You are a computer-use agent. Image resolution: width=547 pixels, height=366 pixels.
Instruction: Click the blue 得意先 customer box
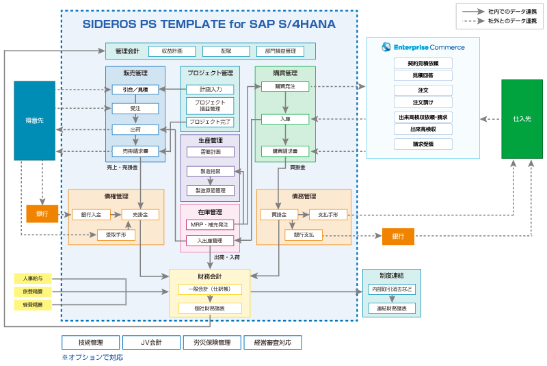(x=34, y=120)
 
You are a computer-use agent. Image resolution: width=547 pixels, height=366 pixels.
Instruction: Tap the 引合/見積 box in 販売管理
(x=135, y=89)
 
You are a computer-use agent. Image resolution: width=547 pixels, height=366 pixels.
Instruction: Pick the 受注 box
(x=135, y=108)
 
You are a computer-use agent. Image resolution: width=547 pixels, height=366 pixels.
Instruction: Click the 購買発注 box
(x=284, y=86)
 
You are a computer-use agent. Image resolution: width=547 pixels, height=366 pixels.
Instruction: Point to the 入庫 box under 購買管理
(x=284, y=119)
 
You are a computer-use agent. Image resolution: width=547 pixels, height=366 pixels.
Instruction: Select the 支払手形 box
(x=328, y=215)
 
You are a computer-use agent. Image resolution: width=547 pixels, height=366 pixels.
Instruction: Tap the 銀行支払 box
(x=303, y=235)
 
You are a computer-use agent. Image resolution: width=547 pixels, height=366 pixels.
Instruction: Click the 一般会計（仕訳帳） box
(x=210, y=289)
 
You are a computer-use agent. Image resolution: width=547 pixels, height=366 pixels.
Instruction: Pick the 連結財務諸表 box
(x=391, y=309)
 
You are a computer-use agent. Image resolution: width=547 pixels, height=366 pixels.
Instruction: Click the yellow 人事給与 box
(x=32, y=278)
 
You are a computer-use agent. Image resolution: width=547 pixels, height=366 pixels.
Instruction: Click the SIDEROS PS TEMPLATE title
(x=209, y=24)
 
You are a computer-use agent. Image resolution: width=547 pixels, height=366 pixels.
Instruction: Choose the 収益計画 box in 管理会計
(x=172, y=51)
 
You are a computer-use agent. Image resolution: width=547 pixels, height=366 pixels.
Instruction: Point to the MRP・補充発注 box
(x=210, y=224)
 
